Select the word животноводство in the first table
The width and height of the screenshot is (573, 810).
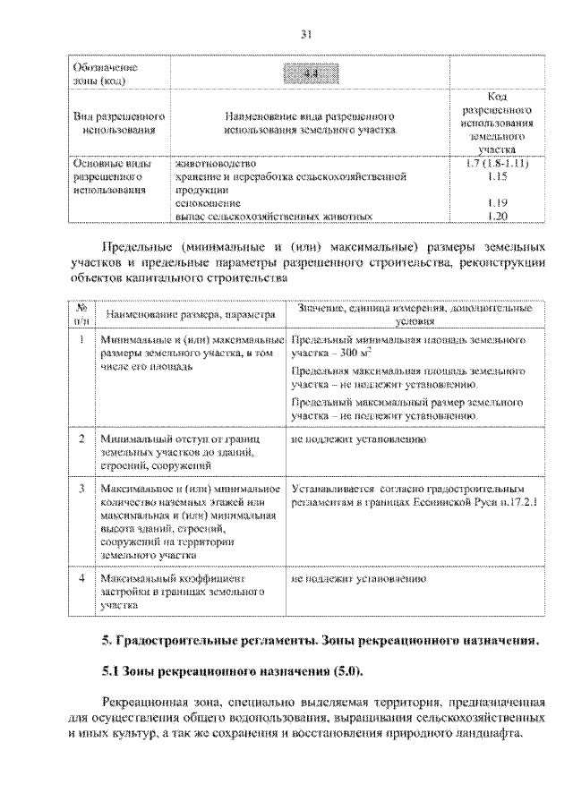[x=217, y=165]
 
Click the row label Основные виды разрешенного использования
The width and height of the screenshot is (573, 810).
[x=106, y=177]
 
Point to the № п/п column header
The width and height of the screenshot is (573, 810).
[x=81, y=312]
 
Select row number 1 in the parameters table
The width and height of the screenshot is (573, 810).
[x=81, y=341]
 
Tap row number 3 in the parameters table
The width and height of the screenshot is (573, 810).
[x=81, y=489]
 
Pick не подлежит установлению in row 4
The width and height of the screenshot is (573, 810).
[x=351, y=580]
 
